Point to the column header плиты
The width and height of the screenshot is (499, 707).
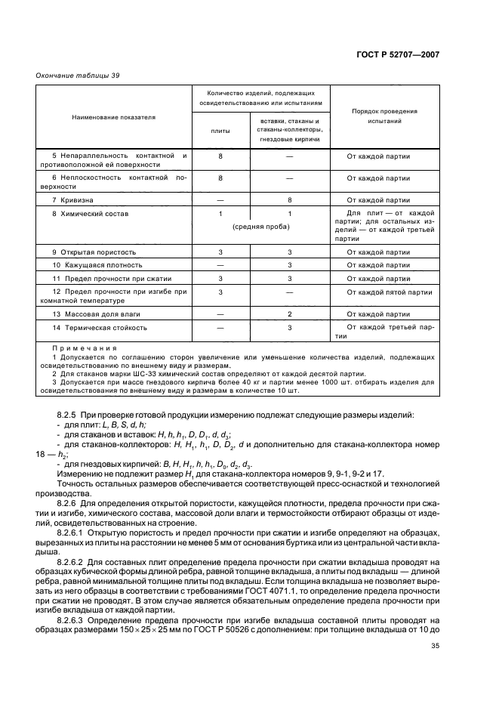click(220, 131)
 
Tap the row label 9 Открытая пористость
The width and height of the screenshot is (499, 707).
click(94, 251)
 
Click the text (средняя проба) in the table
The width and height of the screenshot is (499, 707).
click(258, 227)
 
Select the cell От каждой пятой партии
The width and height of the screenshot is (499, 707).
click(390, 292)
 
